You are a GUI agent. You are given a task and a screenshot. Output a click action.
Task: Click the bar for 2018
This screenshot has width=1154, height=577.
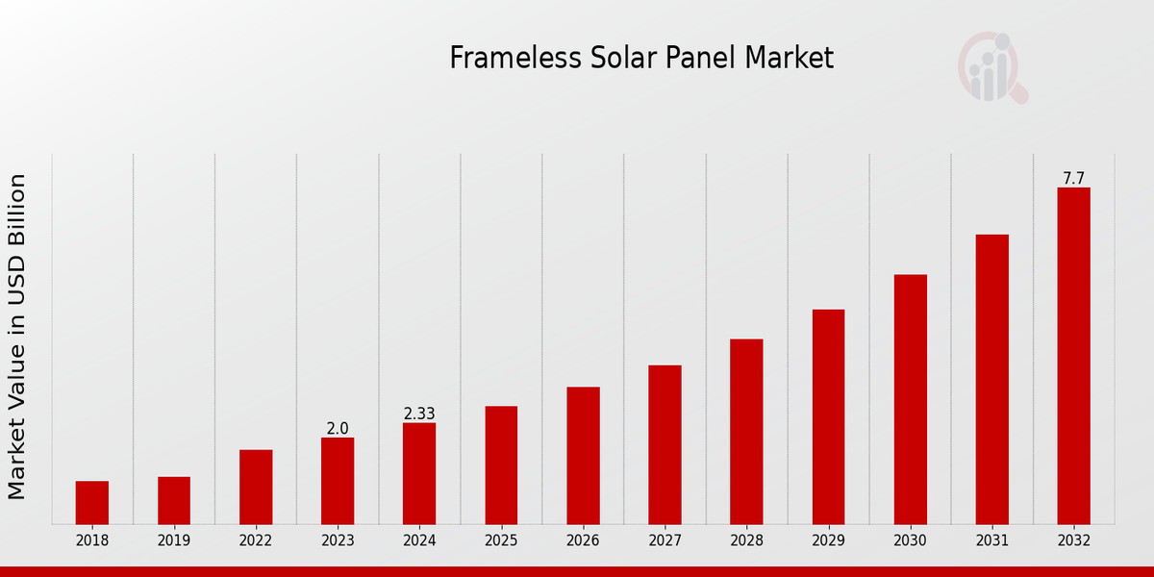pyautogui.click(x=92, y=502)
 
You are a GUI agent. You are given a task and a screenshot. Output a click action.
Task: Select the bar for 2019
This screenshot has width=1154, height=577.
pyautogui.click(x=174, y=500)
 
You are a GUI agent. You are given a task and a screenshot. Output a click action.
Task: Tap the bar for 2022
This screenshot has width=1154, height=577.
pyautogui.click(x=256, y=487)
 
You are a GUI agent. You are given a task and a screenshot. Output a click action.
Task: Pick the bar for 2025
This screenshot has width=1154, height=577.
pyautogui.click(x=501, y=464)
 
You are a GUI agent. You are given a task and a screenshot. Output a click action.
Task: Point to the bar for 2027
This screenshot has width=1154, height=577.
pyautogui.click(x=665, y=444)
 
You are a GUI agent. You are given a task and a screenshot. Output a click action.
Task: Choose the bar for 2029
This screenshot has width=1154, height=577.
pyautogui.click(x=828, y=416)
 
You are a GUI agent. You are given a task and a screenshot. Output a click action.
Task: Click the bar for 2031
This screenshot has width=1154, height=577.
pyautogui.click(x=991, y=379)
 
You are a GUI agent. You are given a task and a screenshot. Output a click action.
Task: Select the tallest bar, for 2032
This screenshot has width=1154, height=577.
pyautogui.click(x=1073, y=356)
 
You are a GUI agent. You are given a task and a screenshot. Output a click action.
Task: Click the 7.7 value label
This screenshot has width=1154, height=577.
pyautogui.click(x=1073, y=179)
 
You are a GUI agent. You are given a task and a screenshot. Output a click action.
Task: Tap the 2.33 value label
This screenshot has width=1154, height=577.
pyautogui.click(x=419, y=414)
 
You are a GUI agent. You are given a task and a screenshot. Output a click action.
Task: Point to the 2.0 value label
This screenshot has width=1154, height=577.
pyautogui.click(x=338, y=429)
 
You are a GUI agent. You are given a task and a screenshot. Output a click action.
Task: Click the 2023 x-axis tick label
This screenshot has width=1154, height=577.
pyautogui.click(x=338, y=541)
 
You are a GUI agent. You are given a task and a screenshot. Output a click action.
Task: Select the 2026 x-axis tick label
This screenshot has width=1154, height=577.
pyautogui.click(x=583, y=541)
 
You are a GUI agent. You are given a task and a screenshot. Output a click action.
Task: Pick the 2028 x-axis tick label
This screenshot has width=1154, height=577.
pyautogui.click(x=746, y=541)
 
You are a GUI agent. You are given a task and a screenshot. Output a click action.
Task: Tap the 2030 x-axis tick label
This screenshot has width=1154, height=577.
pyautogui.click(x=910, y=541)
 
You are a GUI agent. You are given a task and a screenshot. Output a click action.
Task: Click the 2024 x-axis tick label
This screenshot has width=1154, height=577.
pyautogui.click(x=419, y=541)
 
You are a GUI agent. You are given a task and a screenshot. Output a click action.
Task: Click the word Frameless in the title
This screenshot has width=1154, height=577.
pyautogui.click(x=507, y=59)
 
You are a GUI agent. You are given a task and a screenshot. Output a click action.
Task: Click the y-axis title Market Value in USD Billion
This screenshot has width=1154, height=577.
pyautogui.click(x=17, y=337)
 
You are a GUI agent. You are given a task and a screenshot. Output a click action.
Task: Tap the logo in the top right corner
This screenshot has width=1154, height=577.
pyautogui.click(x=991, y=67)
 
